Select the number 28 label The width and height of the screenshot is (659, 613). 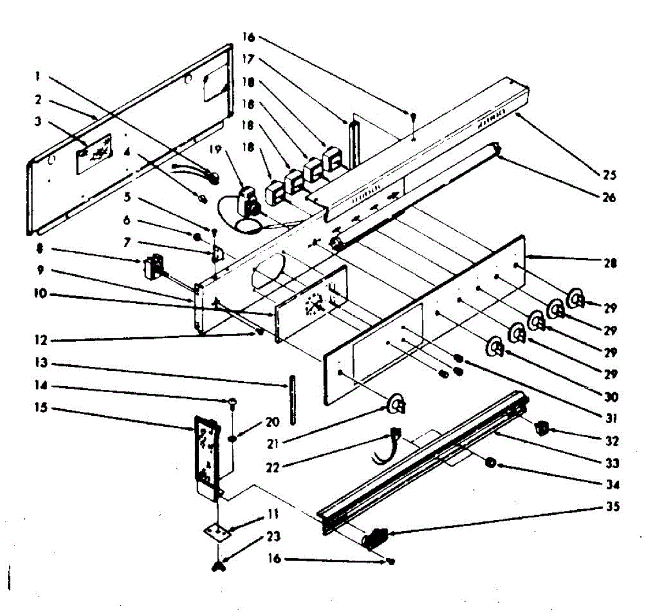tap(610, 263)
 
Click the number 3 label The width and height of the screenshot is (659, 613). tap(38, 121)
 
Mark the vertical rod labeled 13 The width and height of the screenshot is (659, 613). tap(292, 399)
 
